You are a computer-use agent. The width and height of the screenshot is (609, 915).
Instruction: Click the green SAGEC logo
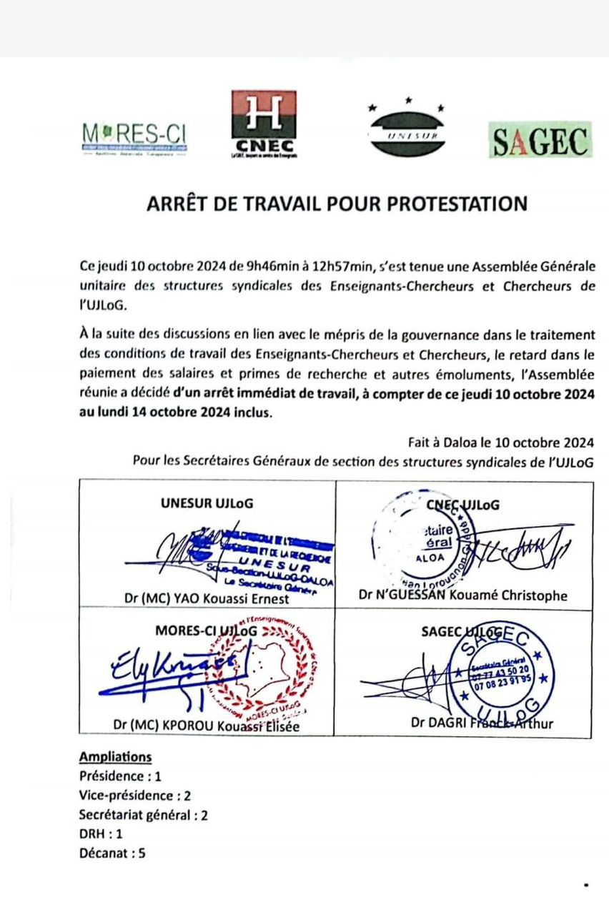coord(540,140)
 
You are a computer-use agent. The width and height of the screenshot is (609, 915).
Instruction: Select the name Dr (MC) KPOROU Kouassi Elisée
coord(205,726)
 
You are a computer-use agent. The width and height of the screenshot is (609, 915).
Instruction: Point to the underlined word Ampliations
coord(116,757)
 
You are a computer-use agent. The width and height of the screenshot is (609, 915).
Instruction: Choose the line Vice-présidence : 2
coord(135,795)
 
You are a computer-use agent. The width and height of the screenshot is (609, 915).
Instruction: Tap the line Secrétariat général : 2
coord(144,814)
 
